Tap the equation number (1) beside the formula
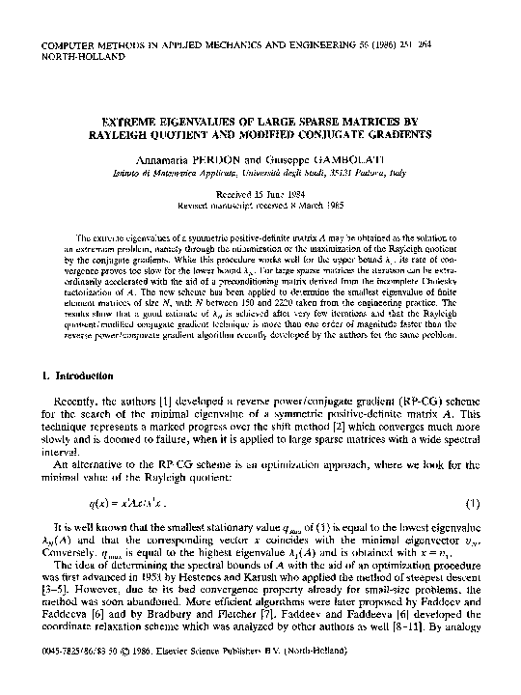coord(473,503)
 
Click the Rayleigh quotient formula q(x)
coord(124,503)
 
